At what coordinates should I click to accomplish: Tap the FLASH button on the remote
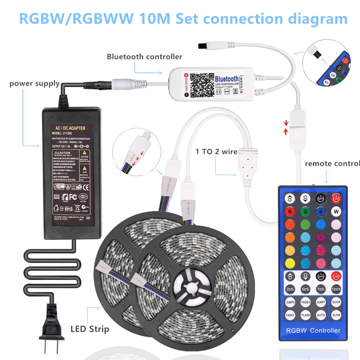coord(306,315)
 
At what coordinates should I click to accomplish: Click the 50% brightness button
coord(306,289)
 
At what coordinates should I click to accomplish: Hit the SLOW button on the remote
coord(336,315)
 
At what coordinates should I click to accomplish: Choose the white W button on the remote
coord(336,211)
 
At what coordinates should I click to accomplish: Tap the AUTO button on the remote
coord(321,315)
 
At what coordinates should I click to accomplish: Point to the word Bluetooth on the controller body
coord(227,79)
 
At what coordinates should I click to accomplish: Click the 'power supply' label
coord(35,83)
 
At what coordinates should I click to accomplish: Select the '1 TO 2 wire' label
coord(217,151)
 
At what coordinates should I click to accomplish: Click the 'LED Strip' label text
coord(90,328)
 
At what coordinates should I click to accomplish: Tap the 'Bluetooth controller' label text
coord(145,56)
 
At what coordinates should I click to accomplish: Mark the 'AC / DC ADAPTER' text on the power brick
coord(68,128)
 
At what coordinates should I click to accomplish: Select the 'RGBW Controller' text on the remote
coord(313,330)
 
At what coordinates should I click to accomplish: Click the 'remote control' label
coord(332,164)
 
